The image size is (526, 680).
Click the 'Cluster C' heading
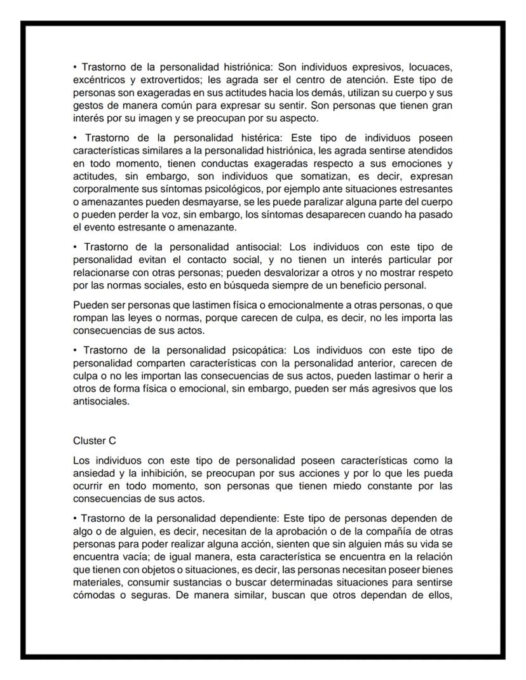(95, 441)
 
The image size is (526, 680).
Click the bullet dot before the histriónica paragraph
(75, 67)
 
